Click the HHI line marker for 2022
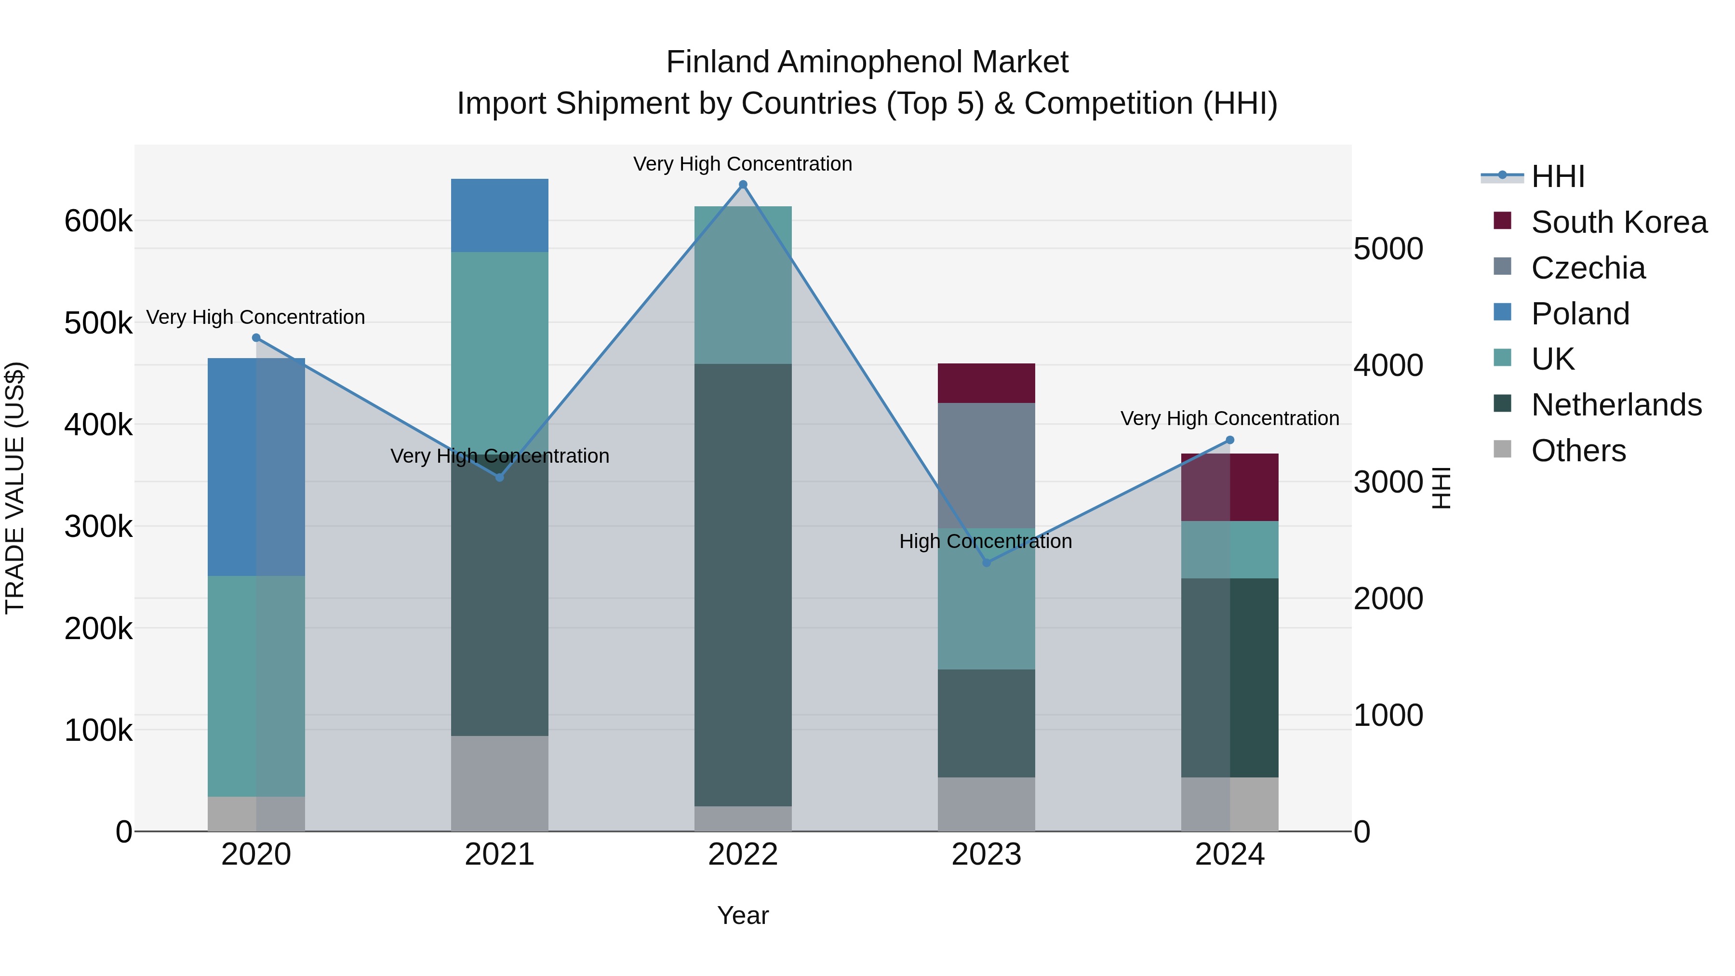point(743,185)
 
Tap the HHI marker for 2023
point(987,562)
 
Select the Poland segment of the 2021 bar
point(499,215)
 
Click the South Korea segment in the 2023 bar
point(986,383)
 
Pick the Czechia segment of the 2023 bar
point(986,465)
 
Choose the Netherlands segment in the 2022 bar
point(743,585)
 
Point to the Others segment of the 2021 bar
point(499,783)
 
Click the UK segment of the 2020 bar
point(256,686)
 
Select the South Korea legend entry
point(1618,222)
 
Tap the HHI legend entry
point(1557,176)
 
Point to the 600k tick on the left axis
point(98,221)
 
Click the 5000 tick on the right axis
point(1388,249)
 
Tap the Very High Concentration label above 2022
point(742,164)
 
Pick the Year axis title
point(742,915)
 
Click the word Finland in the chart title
point(718,62)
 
